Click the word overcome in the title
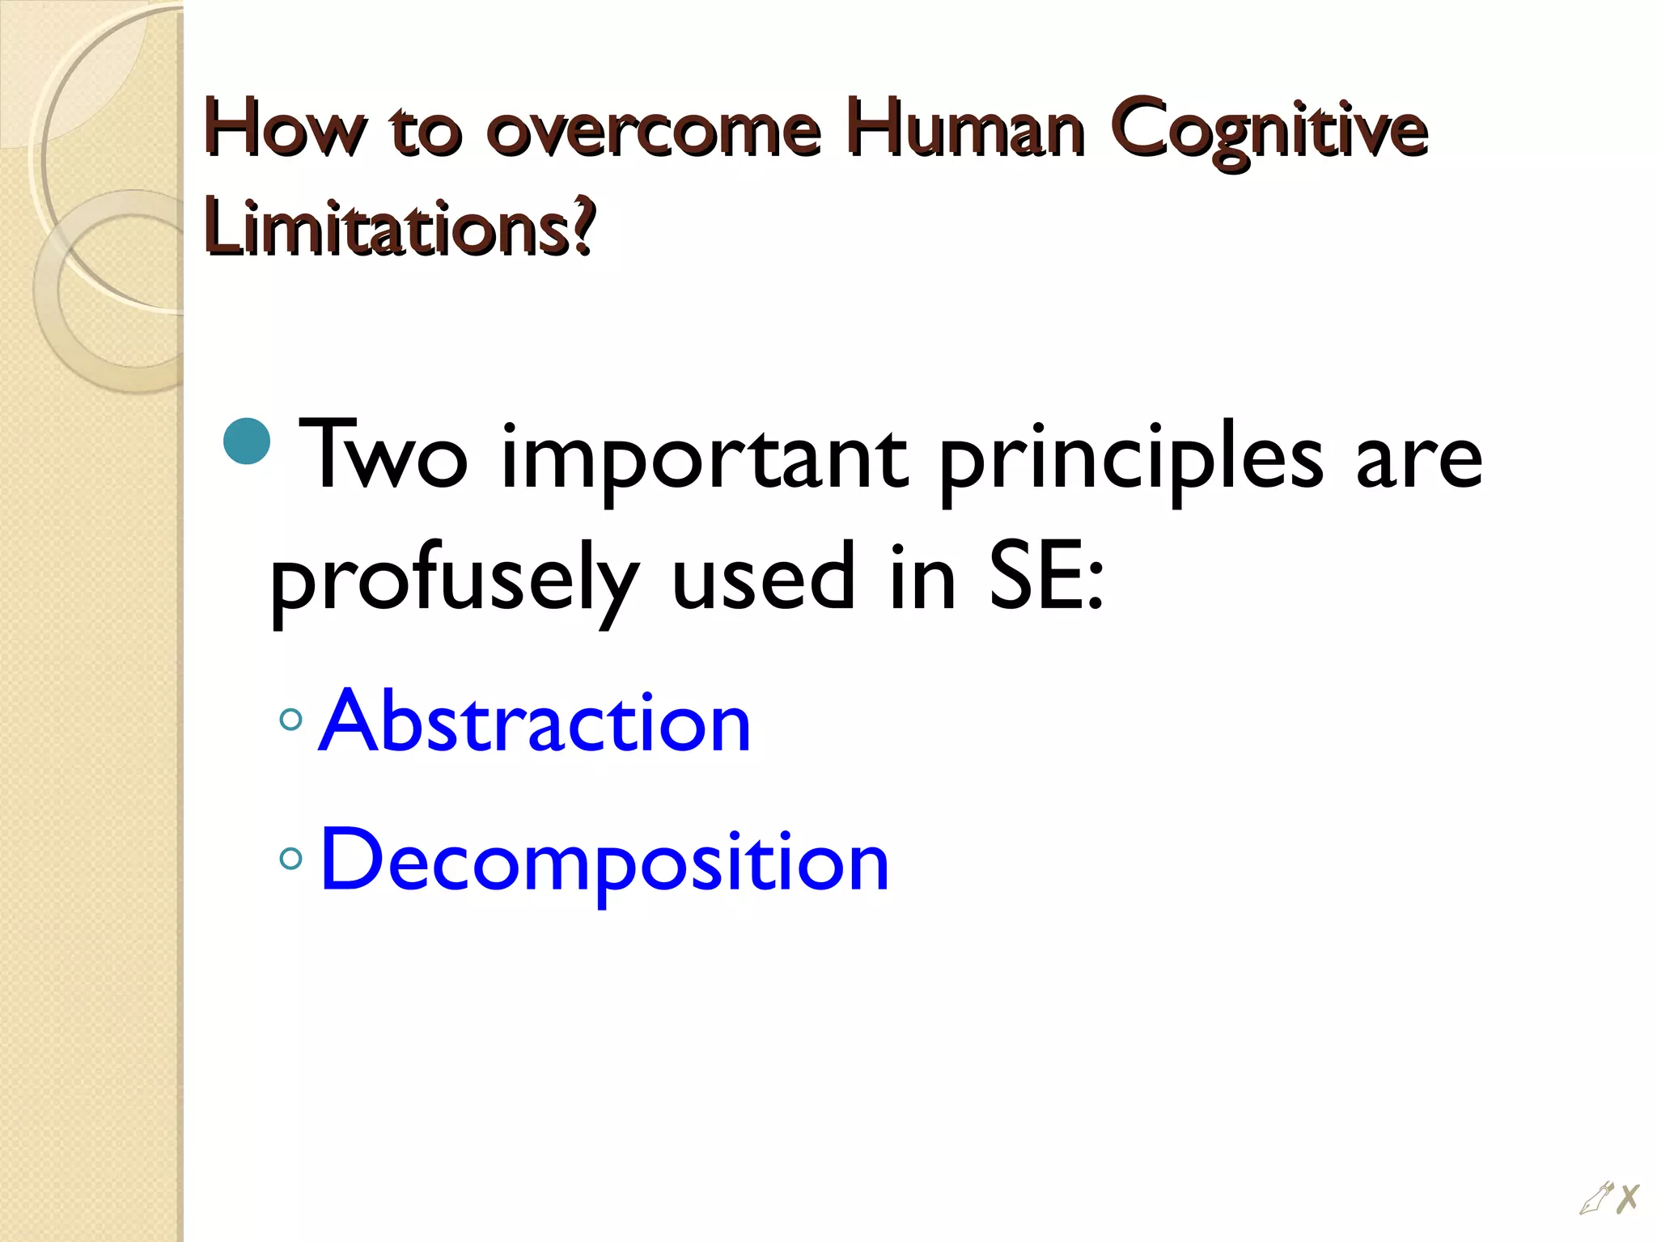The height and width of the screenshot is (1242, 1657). click(653, 129)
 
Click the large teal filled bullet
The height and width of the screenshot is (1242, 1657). click(246, 441)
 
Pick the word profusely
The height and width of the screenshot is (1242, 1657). click(454, 581)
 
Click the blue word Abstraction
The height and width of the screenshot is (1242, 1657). click(535, 720)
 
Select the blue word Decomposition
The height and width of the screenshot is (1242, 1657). click(604, 862)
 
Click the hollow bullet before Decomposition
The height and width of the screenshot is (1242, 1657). click(290, 859)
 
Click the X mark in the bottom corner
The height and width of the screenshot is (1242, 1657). click(1628, 1198)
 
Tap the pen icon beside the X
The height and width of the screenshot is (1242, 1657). click(1596, 1198)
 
